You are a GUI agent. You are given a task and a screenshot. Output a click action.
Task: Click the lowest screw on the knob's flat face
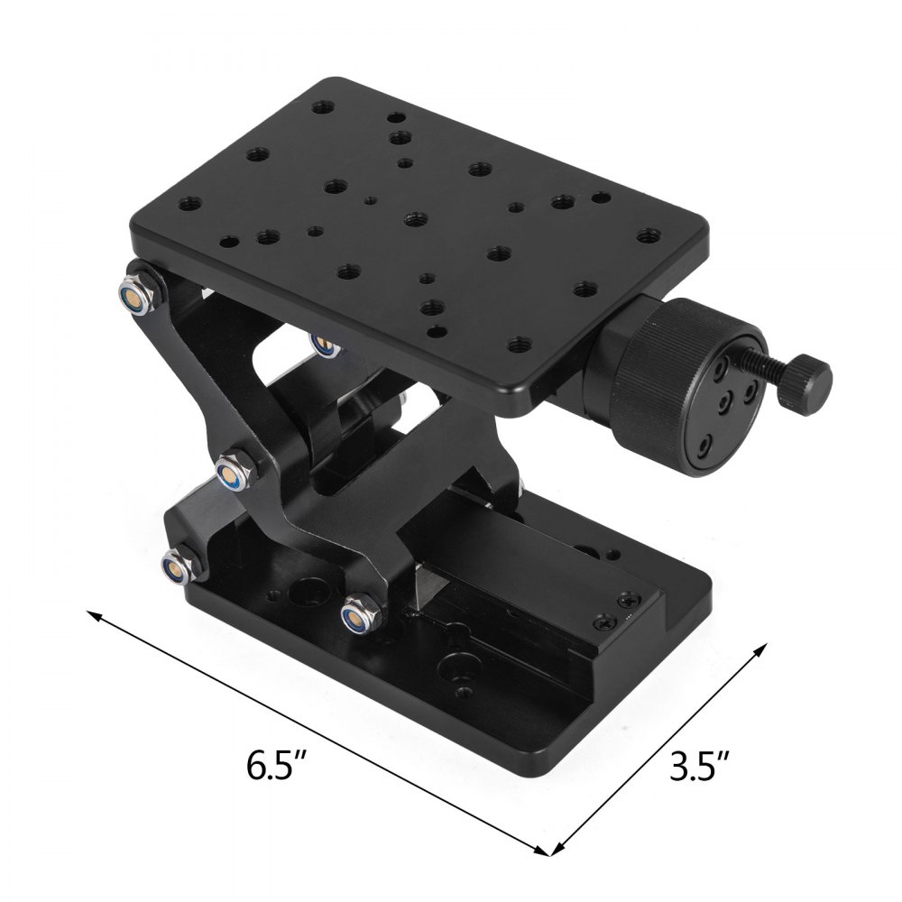(x=706, y=445)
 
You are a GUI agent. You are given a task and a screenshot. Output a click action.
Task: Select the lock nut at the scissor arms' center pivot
(x=234, y=470)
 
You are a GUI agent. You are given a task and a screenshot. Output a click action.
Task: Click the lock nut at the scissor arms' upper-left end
(x=135, y=292)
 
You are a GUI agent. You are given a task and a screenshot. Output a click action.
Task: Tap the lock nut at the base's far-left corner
(x=174, y=566)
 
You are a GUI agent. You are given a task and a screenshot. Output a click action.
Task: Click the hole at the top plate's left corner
(x=188, y=204)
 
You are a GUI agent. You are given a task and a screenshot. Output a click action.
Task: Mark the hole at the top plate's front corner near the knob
(x=519, y=344)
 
